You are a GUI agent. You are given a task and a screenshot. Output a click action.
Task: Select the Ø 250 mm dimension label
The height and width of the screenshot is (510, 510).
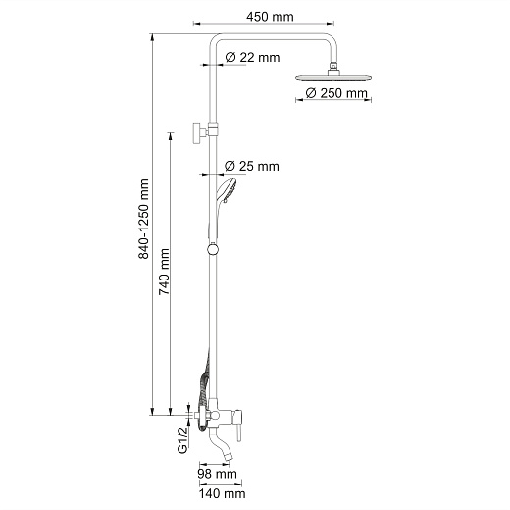(336, 93)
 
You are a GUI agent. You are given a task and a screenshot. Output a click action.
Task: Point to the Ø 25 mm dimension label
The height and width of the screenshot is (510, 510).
(252, 166)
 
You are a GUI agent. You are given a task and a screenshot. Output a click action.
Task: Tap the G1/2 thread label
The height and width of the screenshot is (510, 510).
(182, 440)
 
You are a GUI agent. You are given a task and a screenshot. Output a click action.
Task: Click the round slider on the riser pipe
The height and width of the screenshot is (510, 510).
(209, 250)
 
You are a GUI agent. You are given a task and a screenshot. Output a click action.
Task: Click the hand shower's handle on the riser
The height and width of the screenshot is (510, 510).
(210, 211)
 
